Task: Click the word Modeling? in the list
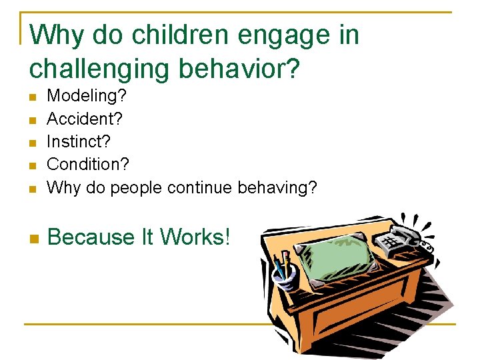click(x=87, y=96)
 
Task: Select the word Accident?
click(x=85, y=119)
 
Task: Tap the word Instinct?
click(x=79, y=142)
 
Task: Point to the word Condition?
click(x=89, y=165)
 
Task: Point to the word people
click(x=136, y=188)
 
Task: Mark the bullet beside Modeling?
click(x=33, y=97)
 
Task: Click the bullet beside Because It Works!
click(x=33, y=238)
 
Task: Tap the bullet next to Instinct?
click(x=33, y=143)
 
